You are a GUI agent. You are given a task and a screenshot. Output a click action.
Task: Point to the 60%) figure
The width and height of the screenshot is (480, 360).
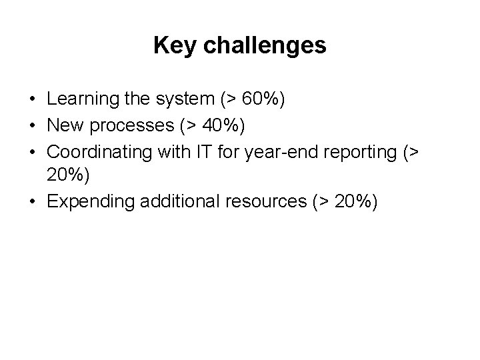261,100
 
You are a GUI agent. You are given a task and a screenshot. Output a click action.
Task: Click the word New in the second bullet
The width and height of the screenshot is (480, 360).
65,125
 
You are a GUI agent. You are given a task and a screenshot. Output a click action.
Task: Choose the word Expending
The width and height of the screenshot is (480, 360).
93,201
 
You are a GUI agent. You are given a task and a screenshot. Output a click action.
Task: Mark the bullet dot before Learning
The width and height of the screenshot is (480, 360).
32,101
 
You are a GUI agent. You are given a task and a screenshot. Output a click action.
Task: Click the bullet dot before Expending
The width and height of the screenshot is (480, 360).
32,202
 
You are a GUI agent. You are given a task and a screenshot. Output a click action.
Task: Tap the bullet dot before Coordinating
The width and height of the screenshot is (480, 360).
32,151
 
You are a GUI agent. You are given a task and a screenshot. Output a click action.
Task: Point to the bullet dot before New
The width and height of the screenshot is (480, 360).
32,126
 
